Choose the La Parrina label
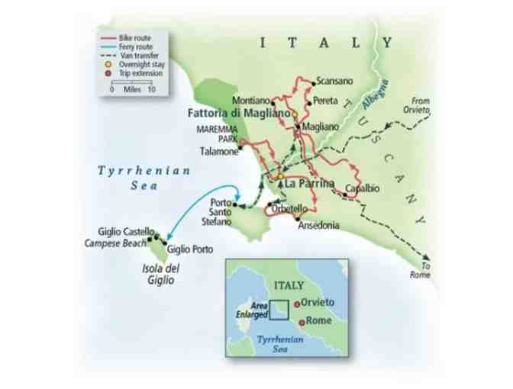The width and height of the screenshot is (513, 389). (x=309, y=183)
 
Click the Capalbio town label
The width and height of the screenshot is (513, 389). (x=362, y=188)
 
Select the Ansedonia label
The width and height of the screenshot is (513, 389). (x=318, y=226)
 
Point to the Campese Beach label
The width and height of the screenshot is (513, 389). (x=115, y=243)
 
